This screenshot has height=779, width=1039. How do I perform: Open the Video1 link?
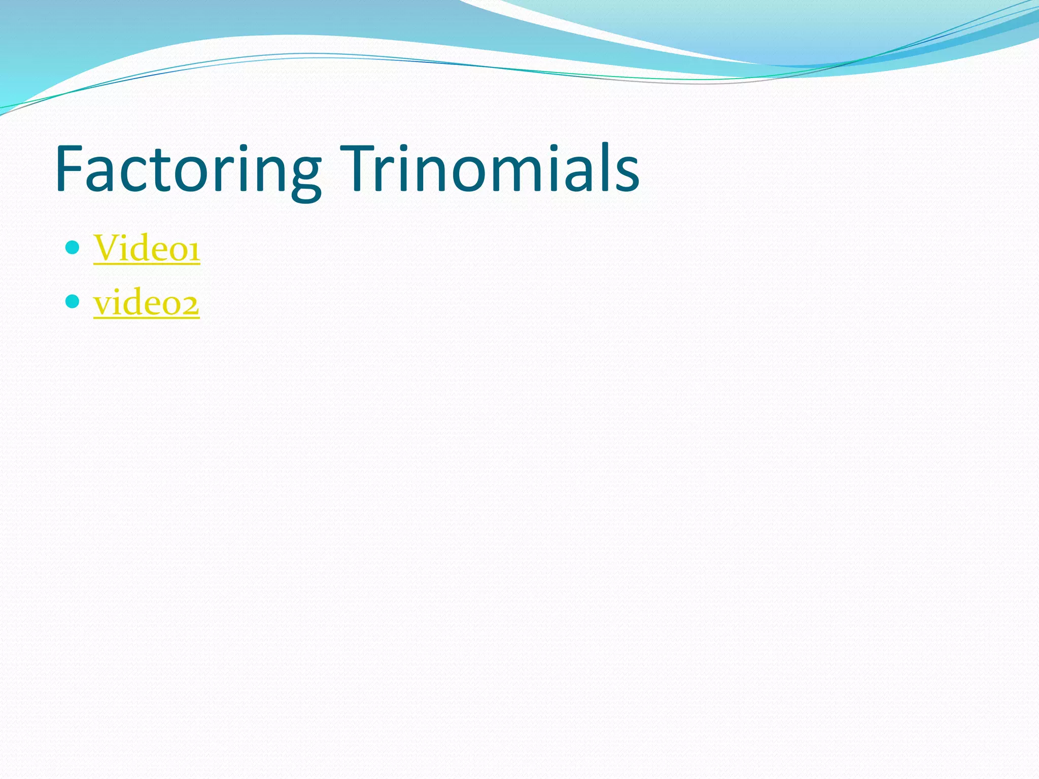point(147,248)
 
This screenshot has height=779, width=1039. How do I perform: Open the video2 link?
point(146,303)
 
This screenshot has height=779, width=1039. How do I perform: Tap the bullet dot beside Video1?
point(73,247)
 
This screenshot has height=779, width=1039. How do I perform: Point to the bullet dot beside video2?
point(73,302)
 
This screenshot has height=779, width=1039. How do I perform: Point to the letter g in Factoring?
point(305,175)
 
